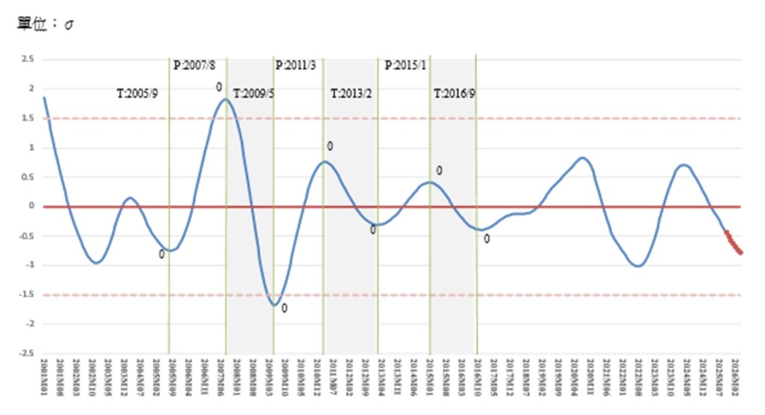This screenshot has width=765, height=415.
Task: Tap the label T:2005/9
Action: click(137, 94)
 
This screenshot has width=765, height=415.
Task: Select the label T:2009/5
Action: click(253, 94)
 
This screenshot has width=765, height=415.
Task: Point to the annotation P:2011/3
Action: click(295, 65)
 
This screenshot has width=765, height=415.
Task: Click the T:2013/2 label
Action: click(352, 94)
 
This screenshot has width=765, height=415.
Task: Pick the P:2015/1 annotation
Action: click(405, 65)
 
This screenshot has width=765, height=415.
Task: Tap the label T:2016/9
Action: click(454, 94)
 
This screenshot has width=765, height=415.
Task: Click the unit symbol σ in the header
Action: click(68, 24)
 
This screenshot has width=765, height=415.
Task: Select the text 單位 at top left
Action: click(33, 24)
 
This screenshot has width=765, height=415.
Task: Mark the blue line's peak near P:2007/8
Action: click(226, 99)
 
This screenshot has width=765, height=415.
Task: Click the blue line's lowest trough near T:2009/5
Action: click(275, 305)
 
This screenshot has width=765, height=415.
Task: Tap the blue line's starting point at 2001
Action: click(44, 97)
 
